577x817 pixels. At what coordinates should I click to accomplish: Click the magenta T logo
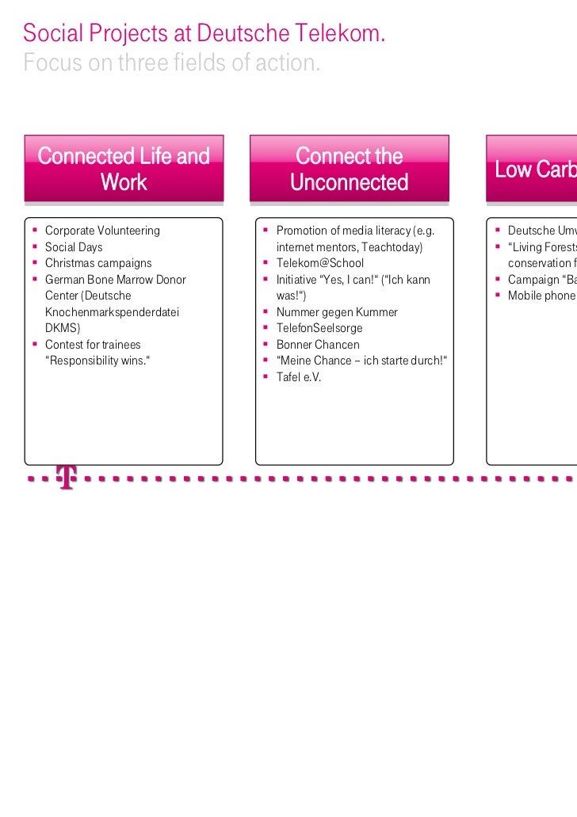[x=67, y=477]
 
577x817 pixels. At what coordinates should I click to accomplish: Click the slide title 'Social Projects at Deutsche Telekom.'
[x=204, y=33]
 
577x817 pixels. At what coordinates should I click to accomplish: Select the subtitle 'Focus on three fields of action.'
[x=172, y=63]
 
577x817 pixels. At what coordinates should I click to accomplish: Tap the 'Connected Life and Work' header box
[x=124, y=169]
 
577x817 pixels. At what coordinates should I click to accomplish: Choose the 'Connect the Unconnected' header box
[x=349, y=169]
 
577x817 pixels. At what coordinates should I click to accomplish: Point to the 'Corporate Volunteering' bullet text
[x=102, y=231]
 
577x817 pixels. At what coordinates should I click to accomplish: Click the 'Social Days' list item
[x=74, y=247]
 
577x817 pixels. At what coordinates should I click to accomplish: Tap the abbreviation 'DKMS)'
[x=63, y=328]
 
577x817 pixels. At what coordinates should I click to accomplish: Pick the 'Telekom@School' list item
[x=320, y=263]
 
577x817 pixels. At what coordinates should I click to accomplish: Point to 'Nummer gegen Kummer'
[x=337, y=312]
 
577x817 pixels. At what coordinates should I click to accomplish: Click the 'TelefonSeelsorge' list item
[x=319, y=328]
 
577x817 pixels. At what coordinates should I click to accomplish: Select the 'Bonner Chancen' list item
[x=318, y=345]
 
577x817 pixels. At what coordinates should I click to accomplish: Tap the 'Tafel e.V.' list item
[x=299, y=377]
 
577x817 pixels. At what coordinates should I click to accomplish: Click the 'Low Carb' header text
[x=535, y=170]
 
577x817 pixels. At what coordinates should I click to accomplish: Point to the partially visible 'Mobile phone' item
[x=542, y=296]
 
